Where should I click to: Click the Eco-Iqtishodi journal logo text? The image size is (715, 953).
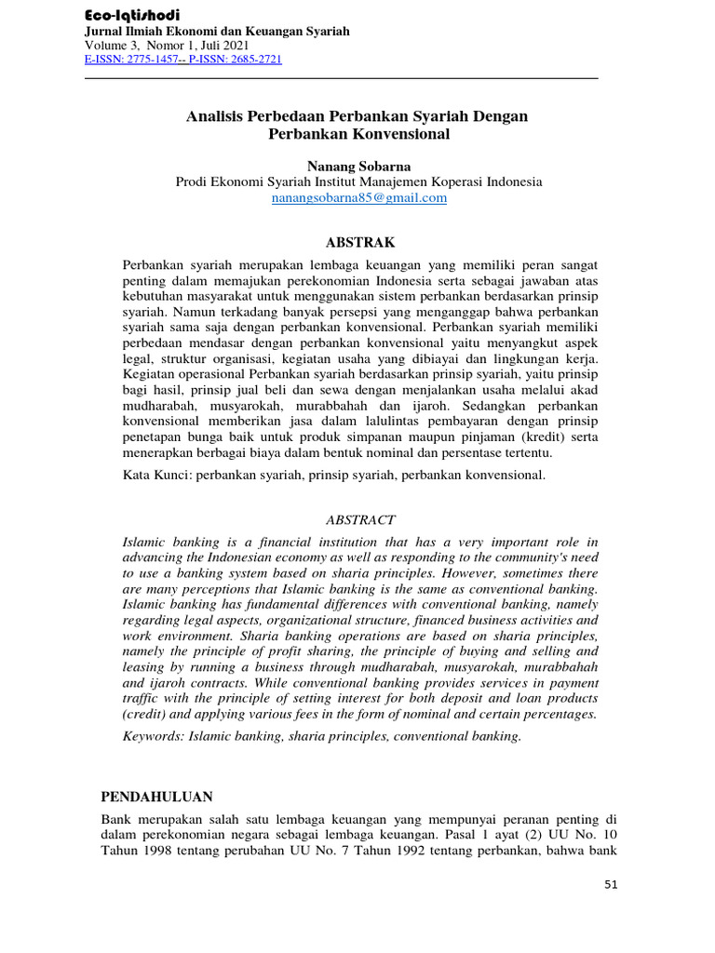pos(132,15)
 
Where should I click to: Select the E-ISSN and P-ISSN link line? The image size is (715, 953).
pos(182,60)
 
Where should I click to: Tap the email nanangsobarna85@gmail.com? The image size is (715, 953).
pos(358,197)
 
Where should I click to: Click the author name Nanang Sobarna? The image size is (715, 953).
pos(358,165)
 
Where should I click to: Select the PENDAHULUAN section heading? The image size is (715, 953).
pos(156,797)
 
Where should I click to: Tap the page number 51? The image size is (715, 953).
pos(610,884)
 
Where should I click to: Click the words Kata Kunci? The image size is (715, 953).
pos(157,476)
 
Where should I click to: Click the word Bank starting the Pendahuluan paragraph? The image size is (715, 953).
pos(115,818)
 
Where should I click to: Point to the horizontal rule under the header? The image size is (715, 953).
pos(341,78)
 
